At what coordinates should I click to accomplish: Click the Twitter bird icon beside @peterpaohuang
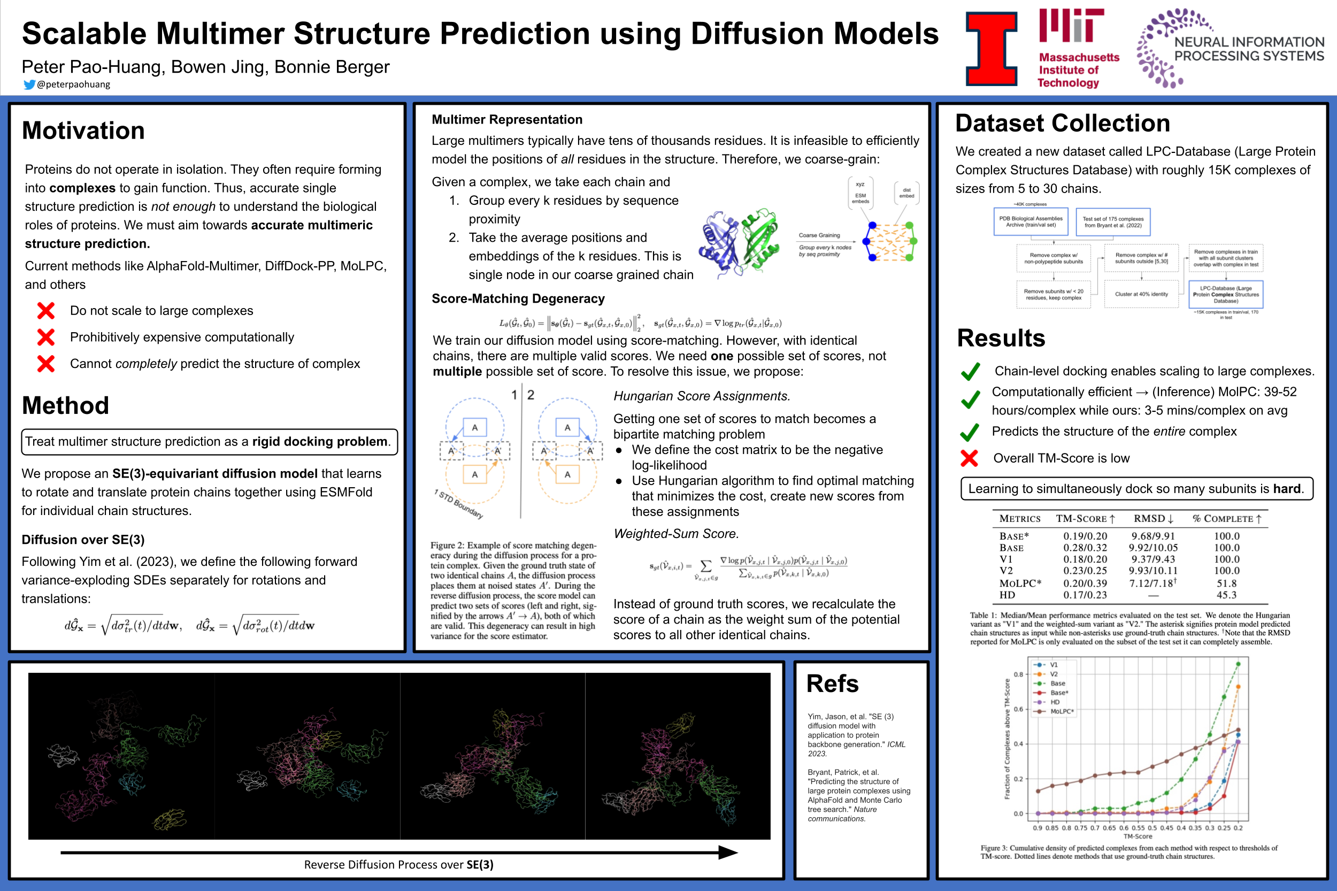pos(29,85)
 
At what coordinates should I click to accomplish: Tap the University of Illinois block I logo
pos(992,49)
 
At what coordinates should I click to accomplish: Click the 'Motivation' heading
pos(83,130)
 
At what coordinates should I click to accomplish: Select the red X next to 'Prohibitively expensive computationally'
pos(46,337)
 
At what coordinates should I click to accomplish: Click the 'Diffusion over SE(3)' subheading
pos(83,539)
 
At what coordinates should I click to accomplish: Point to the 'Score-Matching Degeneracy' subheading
pos(518,299)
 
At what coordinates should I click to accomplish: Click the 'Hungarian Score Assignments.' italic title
pos(702,396)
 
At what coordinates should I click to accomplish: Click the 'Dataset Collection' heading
pos(1063,124)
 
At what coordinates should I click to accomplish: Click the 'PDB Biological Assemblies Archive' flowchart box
pos(1031,221)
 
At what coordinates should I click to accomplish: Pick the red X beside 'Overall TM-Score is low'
pos(970,458)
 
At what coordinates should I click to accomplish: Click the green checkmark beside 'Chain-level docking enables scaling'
pos(971,372)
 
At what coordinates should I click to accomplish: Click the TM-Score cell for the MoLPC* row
pos(1085,583)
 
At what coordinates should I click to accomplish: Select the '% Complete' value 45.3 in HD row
pos(1226,595)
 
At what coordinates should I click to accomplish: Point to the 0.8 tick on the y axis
pos(1018,674)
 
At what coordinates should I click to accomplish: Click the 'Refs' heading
pos(833,683)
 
